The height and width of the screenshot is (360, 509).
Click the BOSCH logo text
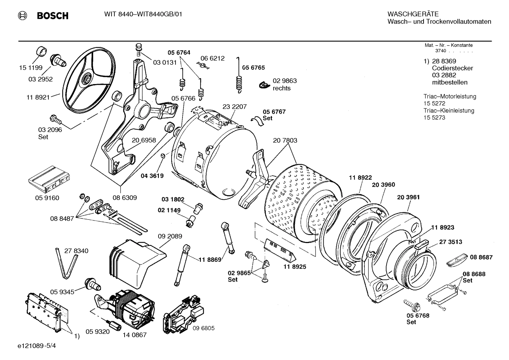point(52,16)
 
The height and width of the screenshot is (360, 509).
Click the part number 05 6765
point(253,67)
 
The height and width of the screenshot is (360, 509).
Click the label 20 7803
point(285,140)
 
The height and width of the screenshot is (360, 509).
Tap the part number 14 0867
point(134,335)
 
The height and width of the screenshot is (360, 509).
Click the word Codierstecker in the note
point(452,68)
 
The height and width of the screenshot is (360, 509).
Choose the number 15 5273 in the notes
point(434,118)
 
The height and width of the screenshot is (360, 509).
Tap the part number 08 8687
point(481,258)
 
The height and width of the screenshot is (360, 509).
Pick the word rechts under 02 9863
point(281,88)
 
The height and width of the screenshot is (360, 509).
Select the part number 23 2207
point(234,107)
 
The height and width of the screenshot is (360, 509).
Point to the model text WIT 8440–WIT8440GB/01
point(143,14)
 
